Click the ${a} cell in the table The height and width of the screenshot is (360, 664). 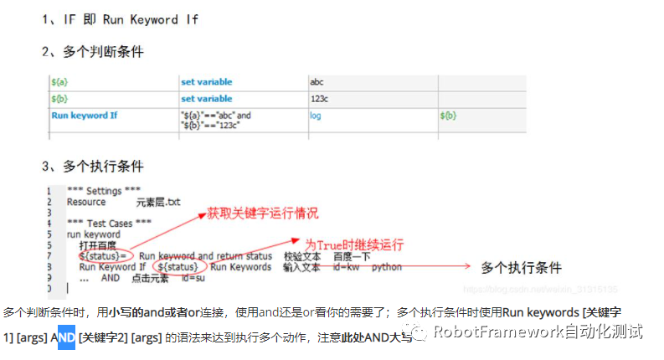pyautogui.click(x=59, y=82)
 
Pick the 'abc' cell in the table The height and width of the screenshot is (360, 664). pyautogui.click(x=317, y=82)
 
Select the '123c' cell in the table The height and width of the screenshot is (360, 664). pyautogui.click(x=320, y=98)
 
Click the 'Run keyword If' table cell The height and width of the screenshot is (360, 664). pyautogui.click(x=85, y=115)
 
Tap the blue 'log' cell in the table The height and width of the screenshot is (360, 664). pyautogui.click(x=316, y=115)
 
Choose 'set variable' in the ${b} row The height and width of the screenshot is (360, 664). pyautogui.click(x=206, y=98)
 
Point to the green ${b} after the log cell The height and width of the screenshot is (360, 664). pyautogui.click(x=448, y=115)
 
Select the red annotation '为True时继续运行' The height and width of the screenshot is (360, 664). pyautogui.click(x=353, y=244)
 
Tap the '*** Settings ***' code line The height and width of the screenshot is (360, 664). pyautogui.click(x=104, y=191)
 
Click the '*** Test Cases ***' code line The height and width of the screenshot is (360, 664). pyautogui.click(x=110, y=224)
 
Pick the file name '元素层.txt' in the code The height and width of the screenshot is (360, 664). pyautogui.click(x=158, y=202)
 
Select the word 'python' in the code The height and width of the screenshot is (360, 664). pyautogui.click(x=387, y=267)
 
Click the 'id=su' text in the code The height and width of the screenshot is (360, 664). pyautogui.click(x=193, y=278)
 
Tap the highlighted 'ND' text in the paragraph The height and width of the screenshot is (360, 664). pyautogui.click(x=66, y=337)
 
